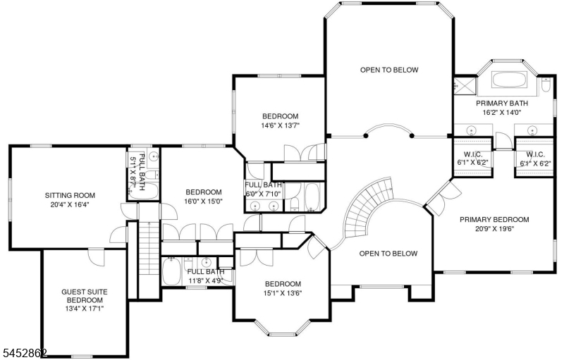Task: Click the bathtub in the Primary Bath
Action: coord(509,80)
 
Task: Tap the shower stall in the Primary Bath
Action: coord(465,85)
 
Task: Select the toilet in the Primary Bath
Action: coord(546,86)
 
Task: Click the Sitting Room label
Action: coord(70,196)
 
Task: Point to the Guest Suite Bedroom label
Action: coord(85,297)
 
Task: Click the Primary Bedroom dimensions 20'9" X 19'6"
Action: coord(495,228)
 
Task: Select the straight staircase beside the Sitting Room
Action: coord(149,248)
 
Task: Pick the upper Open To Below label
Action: coord(390,70)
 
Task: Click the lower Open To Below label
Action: coord(388,254)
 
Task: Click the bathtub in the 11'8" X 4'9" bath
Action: coord(171,271)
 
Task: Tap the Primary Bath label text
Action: coord(502,104)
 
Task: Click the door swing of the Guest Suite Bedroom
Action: coord(97,256)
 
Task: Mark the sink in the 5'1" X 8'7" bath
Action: coord(154,156)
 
